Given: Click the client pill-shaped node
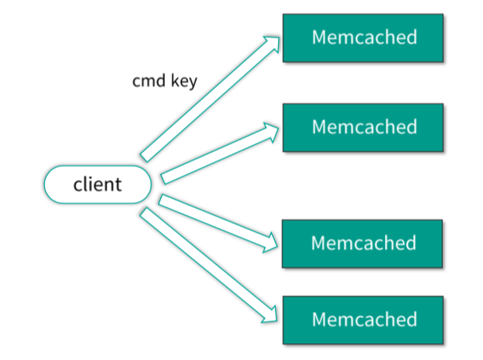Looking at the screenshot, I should click(x=97, y=185).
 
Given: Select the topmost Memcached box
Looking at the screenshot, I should click(x=362, y=37).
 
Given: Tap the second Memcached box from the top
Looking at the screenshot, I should click(x=362, y=126).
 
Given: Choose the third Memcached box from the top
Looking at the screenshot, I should click(x=362, y=243).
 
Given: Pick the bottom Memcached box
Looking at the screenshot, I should click(x=362, y=319).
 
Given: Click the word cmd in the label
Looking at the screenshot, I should click(x=147, y=81).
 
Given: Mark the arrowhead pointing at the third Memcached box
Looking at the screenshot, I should click(x=270, y=242).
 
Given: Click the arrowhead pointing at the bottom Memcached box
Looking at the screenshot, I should click(x=270, y=312).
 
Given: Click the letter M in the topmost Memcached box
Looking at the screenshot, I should click(x=319, y=37).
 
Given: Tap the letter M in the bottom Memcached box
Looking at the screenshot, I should click(x=319, y=319).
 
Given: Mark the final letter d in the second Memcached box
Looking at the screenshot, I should click(x=411, y=126).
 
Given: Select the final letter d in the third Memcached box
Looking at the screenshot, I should click(x=411, y=243).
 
